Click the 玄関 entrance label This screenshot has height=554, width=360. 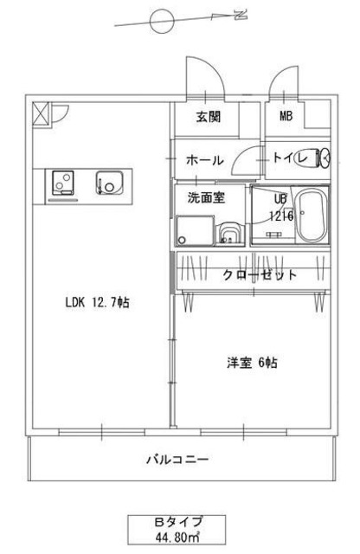coord(207,117)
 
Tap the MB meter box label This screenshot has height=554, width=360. coord(285,117)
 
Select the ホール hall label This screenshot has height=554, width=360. coord(206,160)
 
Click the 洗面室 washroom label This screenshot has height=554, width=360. coord(207,196)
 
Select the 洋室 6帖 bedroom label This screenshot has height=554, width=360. coord(251,364)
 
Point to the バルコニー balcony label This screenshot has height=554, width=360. coord(177,460)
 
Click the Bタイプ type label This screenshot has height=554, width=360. coord(178,521)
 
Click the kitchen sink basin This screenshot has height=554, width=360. coord(111,184)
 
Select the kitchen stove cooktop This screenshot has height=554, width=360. coord(64,184)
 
